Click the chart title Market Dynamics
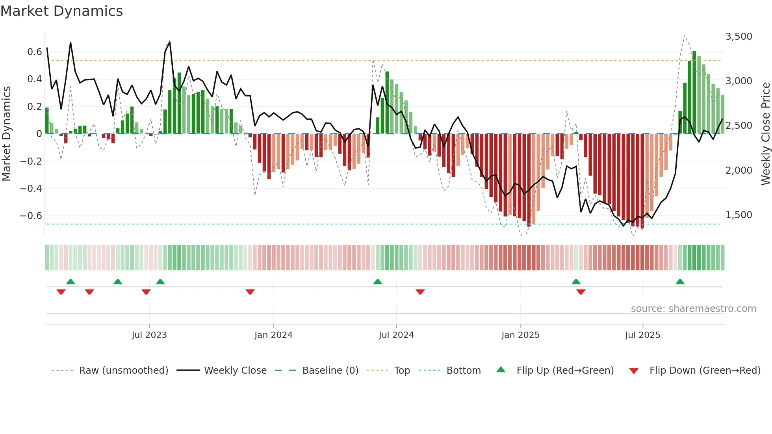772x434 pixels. coord(62,11)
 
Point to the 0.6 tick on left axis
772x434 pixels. coord(35,52)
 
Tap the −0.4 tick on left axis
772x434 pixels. coord(31,189)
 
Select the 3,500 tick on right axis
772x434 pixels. coord(739,37)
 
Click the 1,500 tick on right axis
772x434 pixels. coord(739,215)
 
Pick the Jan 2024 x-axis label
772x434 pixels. coord(273,335)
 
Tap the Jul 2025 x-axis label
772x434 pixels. coord(642,335)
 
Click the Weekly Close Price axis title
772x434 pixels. coord(765,134)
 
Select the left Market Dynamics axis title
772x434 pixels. coord(6,134)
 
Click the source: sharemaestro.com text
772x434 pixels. coord(693,309)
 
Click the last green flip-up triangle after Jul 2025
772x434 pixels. coord(680,282)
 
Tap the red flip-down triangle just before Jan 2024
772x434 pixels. coord(250,292)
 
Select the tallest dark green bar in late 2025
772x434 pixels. coord(694,93)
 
